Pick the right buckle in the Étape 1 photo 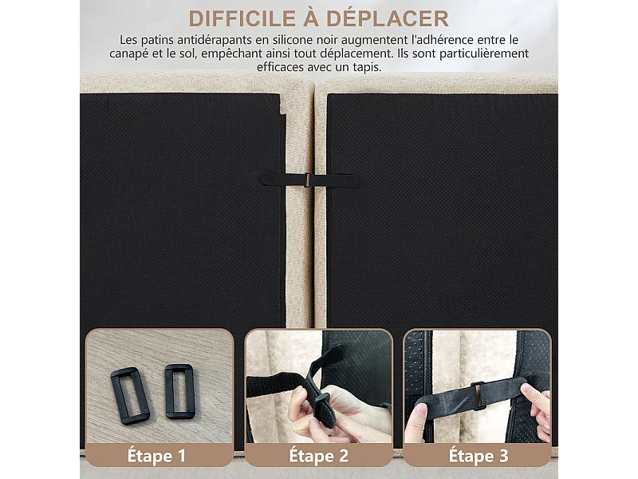tap(179, 391)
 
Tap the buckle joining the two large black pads tap(303, 180)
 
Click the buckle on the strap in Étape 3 tap(477, 394)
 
